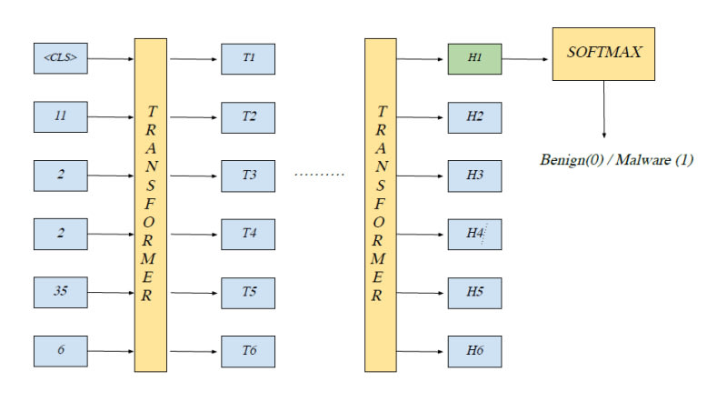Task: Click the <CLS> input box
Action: pos(60,59)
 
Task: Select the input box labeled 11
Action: pos(60,116)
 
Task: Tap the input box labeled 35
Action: pos(60,293)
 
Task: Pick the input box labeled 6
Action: pos(60,351)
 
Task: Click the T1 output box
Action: pos(248,59)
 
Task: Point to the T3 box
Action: pos(248,175)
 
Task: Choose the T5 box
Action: pos(248,293)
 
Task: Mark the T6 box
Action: pos(248,351)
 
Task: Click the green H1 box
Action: pos(474,59)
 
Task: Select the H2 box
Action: pos(474,116)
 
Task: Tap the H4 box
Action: pos(474,234)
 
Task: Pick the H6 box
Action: pos(474,351)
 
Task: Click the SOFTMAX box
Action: pos(604,53)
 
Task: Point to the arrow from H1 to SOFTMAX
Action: pos(527,59)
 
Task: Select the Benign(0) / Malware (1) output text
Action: pos(616,160)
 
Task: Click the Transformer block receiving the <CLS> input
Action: pos(151,205)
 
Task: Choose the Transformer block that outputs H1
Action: pos(380,205)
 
